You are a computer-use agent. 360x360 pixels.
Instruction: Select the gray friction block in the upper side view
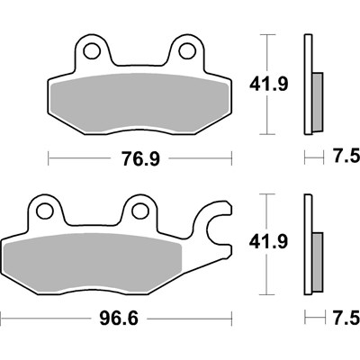(317, 99)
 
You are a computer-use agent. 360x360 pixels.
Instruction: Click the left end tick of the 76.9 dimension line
(46, 158)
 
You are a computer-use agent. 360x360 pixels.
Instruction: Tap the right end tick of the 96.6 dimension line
(234, 319)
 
